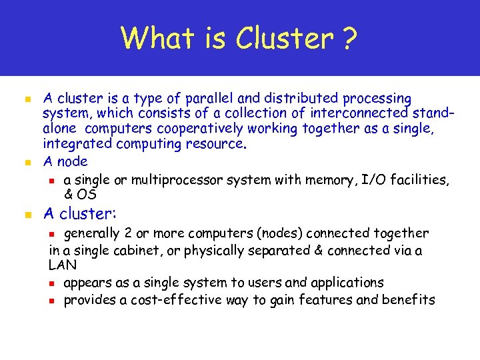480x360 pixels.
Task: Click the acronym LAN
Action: tap(63, 265)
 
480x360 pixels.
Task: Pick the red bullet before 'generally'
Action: tap(56, 234)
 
